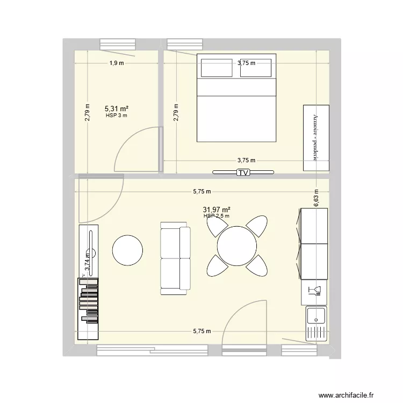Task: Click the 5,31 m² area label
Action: (x=116, y=109)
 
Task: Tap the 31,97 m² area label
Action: (x=217, y=210)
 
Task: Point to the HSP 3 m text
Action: (x=116, y=116)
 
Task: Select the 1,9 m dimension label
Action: (x=117, y=63)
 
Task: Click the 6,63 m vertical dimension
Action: (x=316, y=197)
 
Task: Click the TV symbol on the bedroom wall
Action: (x=243, y=172)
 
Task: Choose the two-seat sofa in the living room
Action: (x=175, y=260)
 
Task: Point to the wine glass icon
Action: (x=314, y=292)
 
